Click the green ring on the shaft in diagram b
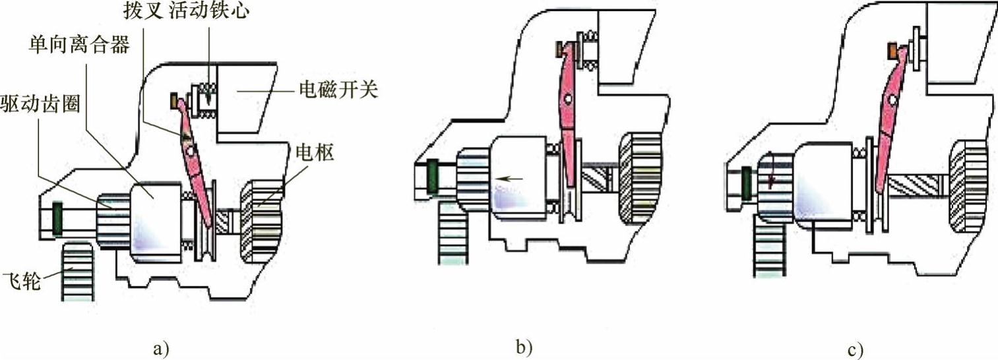point(432,179)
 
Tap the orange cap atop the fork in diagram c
point(893,51)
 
